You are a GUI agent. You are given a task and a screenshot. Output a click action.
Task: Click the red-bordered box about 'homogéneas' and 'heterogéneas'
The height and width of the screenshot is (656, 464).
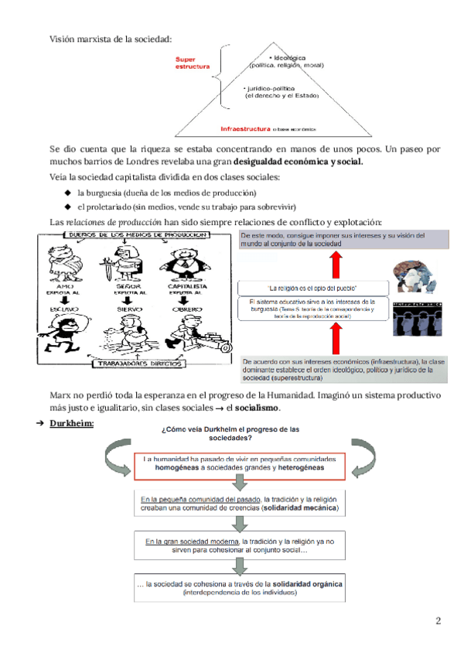click(x=244, y=463)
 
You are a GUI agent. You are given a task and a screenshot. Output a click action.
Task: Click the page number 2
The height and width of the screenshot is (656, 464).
click(x=438, y=620)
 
